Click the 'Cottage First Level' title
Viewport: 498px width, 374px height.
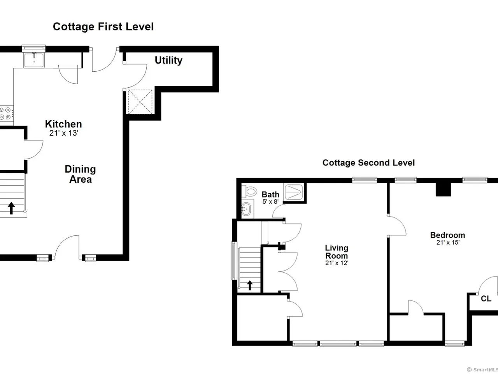[x=103, y=27]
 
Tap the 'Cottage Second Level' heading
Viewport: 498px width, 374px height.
[x=368, y=163]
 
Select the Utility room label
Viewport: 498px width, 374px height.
[x=168, y=60]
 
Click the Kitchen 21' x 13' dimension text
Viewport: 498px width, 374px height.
[x=64, y=133]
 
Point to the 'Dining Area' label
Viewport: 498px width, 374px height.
[x=80, y=174]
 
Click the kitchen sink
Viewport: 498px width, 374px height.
[x=34, y=60]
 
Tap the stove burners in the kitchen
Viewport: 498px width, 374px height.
[x=5, y=113]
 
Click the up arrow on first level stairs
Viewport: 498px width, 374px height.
[x=11, y=208]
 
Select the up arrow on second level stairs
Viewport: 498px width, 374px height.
[x=250, y=285]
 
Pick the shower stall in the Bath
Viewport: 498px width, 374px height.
[x=294, y=192]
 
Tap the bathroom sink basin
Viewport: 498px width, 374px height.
[x=246, y=209]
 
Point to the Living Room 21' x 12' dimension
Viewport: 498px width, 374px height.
[x=337, y=263]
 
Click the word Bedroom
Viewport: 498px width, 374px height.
[x=448, y=235]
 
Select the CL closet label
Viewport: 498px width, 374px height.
[x=486, y=298]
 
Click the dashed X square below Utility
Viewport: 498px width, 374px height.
[x=140, y=102]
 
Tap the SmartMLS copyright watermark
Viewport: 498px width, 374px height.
[x=482, y=370]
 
